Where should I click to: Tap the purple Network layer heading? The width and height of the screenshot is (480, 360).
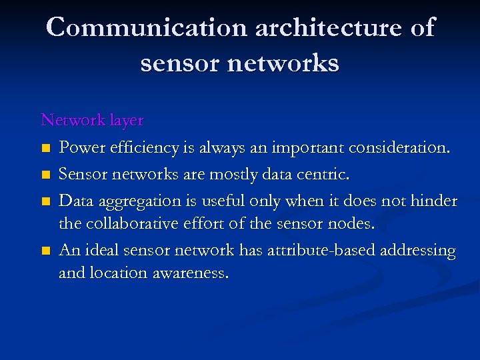click(92, 120)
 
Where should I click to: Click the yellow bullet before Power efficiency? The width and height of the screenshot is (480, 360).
click(45, 148)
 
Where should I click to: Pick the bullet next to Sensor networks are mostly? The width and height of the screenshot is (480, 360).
click(45, 175)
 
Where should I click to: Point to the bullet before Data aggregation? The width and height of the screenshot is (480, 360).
click(45, 201)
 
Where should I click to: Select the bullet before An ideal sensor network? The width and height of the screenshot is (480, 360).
click(45, 251)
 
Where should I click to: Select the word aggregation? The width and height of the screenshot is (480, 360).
click(139, 201)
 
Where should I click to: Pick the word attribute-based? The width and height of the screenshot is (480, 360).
click(313, 251)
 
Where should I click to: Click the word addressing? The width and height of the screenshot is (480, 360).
click(417, 251)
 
